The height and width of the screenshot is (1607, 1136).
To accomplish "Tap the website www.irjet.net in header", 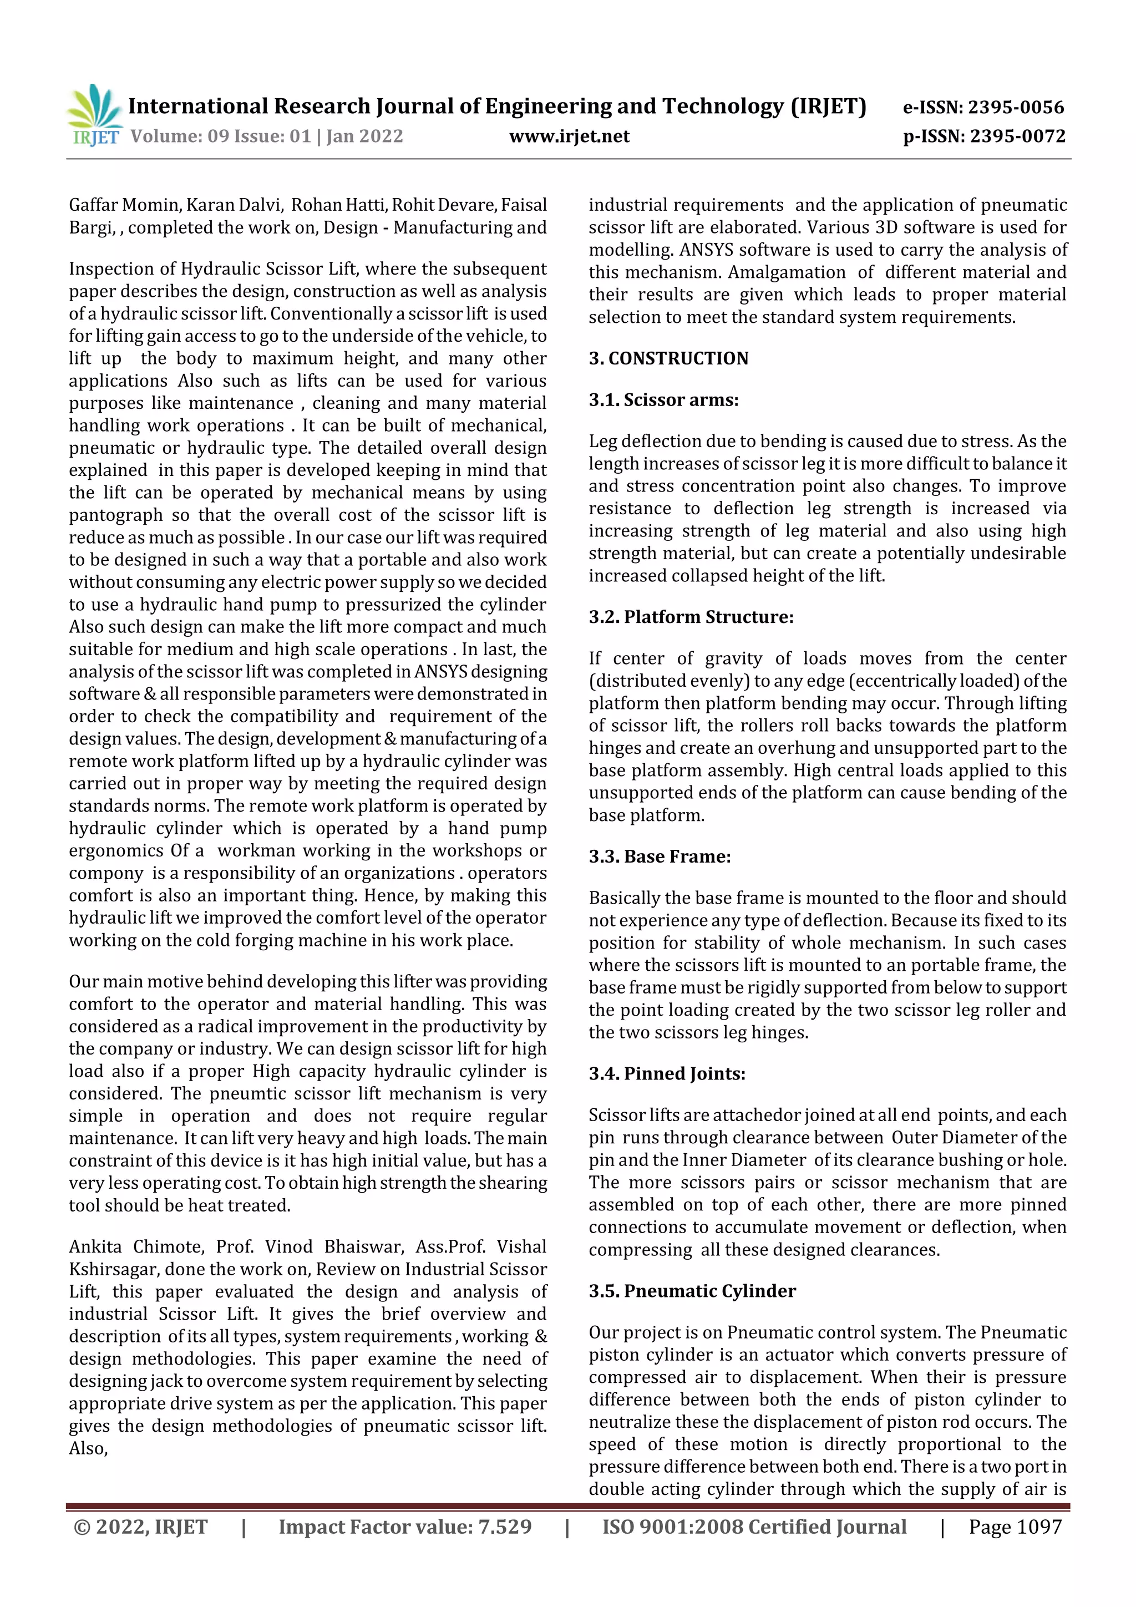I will click(569, 136).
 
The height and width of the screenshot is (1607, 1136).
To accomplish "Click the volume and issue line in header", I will click(267, 136).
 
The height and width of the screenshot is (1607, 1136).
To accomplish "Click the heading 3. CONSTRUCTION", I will click(668, 358).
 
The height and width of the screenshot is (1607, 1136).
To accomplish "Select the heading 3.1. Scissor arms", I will click(663, 399).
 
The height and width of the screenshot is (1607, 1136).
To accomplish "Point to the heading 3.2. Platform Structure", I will click(691, 617).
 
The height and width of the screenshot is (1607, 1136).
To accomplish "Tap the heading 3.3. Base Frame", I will click(660, 856).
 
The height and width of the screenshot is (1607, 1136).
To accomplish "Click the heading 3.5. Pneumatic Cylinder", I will click(692, 1291).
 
